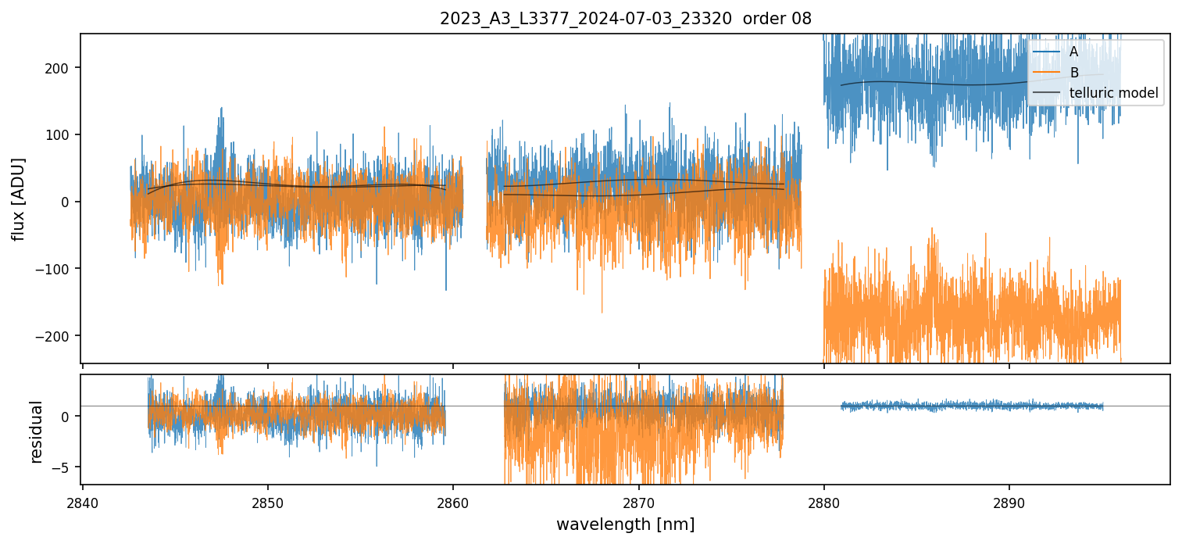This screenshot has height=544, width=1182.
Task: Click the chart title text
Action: pos(625,19)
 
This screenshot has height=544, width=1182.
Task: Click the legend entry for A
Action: pos(1073,52)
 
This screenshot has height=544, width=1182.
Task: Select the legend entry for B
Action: pos(1073,73)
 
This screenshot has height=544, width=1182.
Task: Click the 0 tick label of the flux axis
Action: pos(66,202)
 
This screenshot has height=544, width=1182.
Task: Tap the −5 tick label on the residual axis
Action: pos(62,467)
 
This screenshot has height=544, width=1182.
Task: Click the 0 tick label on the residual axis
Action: pos(66,416)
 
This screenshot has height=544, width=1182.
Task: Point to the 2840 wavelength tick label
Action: pos(83,503)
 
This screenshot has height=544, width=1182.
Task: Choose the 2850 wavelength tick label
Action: pos(268,503)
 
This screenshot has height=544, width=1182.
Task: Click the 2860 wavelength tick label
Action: pos(453,503)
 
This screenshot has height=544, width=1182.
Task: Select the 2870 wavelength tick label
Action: pos(638,503)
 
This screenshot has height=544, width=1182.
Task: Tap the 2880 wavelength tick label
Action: pos(823,503)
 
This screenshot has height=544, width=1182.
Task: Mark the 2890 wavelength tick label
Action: pos(1009,503)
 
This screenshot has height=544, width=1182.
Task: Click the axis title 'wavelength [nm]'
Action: pos(625,524)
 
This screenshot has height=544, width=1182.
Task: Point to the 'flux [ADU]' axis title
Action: pos(18,199)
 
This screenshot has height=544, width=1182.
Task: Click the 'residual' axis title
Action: pos(36,431)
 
